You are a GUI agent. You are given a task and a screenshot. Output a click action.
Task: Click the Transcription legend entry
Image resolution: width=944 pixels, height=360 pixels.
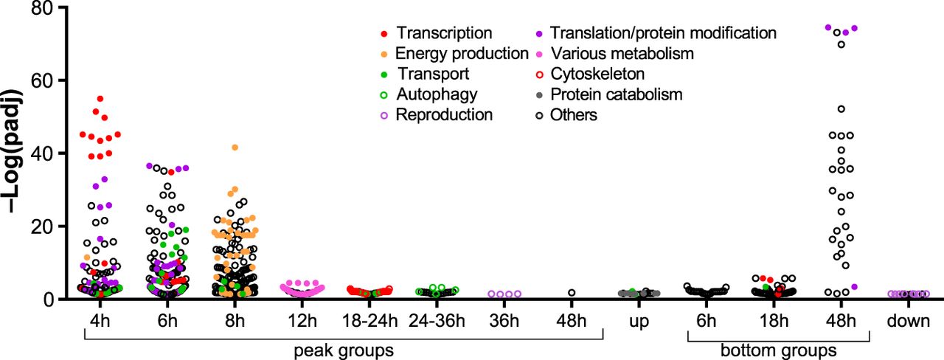click(443, 33)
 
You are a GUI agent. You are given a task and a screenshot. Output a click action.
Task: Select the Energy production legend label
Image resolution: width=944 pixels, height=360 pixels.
click(462, 54)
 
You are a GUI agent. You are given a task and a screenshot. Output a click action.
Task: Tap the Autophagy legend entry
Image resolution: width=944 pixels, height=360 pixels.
click(436, 94)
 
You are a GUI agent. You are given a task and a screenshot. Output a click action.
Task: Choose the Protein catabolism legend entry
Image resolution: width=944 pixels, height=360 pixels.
click(617, 94)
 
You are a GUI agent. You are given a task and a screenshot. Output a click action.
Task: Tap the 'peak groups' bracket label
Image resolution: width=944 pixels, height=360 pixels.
click(344, 349)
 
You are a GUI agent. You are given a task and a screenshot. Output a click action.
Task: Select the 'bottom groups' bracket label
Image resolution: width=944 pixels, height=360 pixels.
click(780, 349)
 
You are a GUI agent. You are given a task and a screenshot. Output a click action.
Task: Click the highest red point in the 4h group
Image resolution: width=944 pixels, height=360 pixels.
click(100, 99)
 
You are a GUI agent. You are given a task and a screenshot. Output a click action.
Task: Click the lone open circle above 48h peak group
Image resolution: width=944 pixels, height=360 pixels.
click(572, 293)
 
